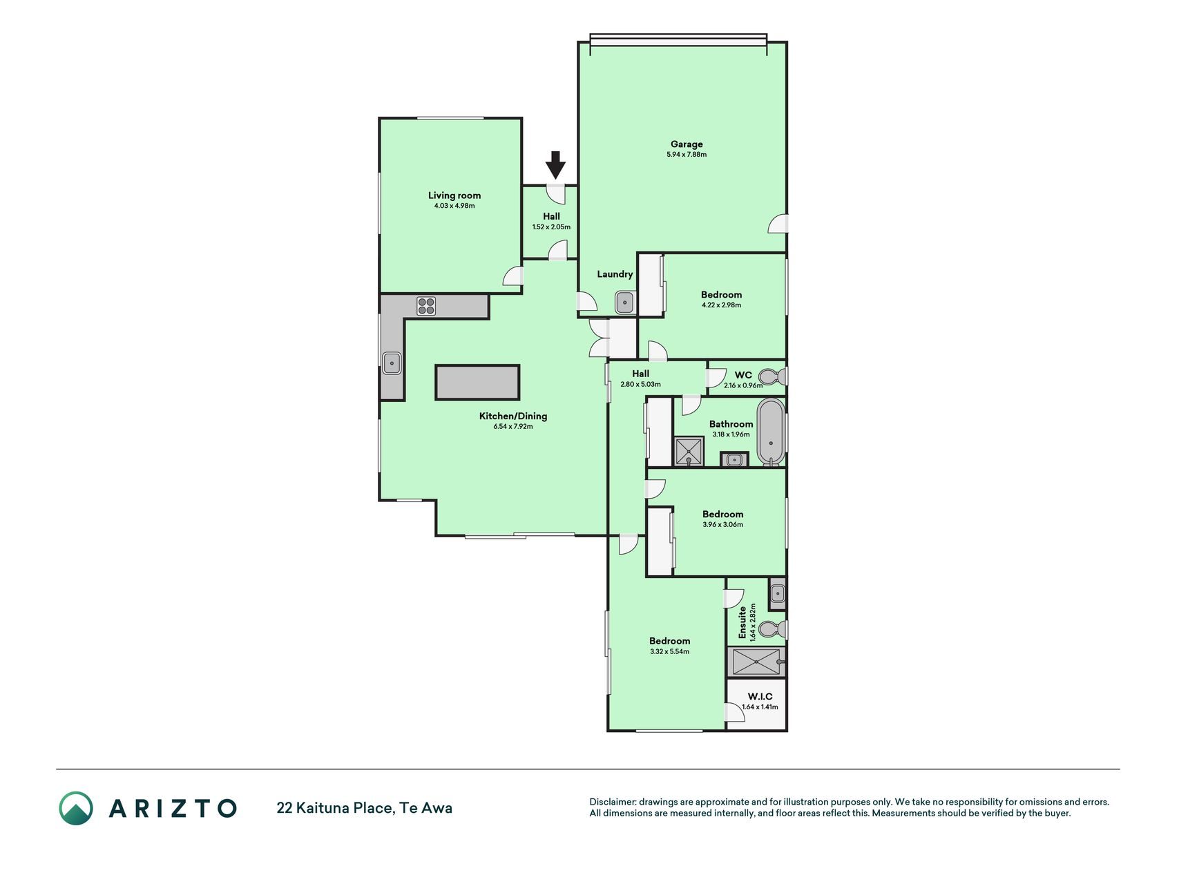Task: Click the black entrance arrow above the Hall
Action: (x=555, y=166)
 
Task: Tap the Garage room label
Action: (x=687, y=144)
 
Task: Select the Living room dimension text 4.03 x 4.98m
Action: (x=454, y=206)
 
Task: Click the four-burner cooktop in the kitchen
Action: (x=426, y=306)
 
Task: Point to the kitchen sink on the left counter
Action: (x=392, y=363)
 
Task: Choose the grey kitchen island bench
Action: (x=477, y=383)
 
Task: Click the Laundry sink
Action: (x=625, y=302)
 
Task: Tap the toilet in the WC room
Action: (x=775, y=377)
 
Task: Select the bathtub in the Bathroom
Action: (x=771, y=432)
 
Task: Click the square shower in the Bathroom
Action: (x=689, y=452)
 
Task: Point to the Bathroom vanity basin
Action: (x=734, y=459)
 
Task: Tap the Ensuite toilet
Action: (x=772, y=629)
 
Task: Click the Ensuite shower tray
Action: (x=756, y=662)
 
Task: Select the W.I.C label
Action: (x=760, y=696)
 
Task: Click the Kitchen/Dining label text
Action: (x=513, y=416)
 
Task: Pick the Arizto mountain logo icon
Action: (x=76, y=808)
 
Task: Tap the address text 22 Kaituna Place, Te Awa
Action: (x=365, y=808)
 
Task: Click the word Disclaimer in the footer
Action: (x=611, y=802)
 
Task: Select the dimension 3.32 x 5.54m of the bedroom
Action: (x=669, y=651)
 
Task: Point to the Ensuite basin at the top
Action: (x=778, y=593)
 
